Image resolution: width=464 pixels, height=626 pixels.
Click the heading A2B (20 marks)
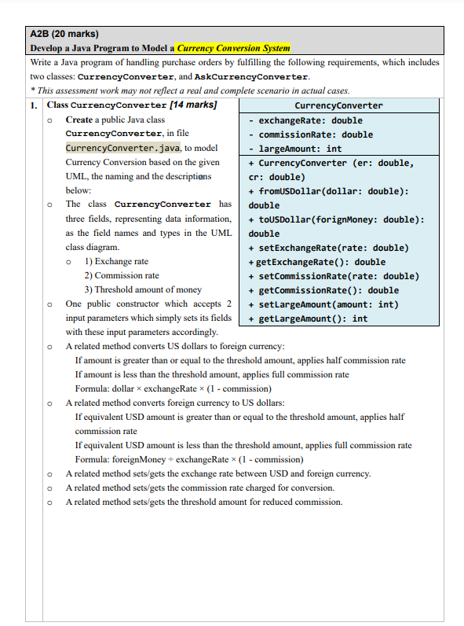coord(64,34)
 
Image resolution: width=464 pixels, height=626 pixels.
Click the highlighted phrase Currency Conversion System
coord(233,48)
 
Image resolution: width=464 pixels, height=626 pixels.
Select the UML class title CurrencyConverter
coord(338,105)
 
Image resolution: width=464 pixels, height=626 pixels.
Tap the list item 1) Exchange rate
coord(116,261)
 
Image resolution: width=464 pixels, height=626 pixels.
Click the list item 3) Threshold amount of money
coord(142,289)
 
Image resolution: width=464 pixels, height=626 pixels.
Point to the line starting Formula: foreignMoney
coord(189,459)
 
